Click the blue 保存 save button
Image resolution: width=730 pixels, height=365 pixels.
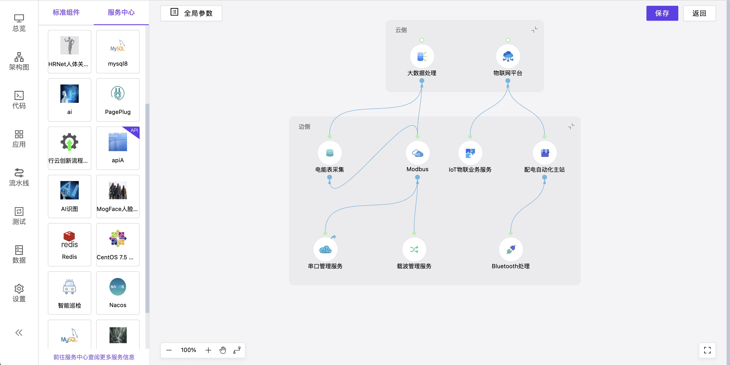662,13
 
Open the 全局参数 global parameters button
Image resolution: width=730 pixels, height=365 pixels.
191,13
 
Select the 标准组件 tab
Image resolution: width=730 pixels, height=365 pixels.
66,13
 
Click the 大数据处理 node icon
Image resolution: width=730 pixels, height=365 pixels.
422,56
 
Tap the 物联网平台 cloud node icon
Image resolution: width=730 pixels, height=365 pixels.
508,56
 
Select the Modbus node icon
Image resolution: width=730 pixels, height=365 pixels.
417,153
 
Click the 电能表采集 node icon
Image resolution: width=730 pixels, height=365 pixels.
329,153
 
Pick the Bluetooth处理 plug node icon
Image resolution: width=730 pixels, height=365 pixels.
510,249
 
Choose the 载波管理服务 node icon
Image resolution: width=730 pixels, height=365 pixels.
414,249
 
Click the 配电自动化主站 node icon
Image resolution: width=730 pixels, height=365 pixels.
544,153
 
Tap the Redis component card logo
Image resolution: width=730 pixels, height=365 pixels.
69,239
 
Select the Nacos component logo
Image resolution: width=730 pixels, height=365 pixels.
118,287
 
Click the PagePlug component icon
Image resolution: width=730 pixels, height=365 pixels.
118,93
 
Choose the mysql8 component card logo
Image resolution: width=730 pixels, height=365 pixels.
118,46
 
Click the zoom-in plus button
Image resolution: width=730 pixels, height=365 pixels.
208,350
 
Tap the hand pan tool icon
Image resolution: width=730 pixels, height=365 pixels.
223,350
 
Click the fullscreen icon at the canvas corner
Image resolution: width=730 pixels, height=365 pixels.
707,350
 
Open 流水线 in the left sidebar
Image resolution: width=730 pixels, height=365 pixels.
19,177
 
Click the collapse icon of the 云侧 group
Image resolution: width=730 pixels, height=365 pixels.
535,30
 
